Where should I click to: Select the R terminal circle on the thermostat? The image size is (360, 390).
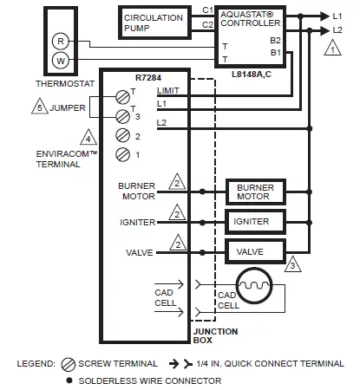pyautogui.click(x=60, y=41)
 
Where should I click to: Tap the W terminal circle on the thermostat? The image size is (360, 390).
pyautogui.click(x=60, y=61)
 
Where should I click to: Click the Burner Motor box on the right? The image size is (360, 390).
pyautogui.click(x=255, y=192)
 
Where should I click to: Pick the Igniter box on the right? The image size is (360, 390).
pyautogui.click(x=255, y=222)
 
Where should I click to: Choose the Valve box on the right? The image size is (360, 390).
pyautogui.click(x=255, y=251)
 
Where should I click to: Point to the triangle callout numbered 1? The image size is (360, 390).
pyautogui.click(x=331, y=50)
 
